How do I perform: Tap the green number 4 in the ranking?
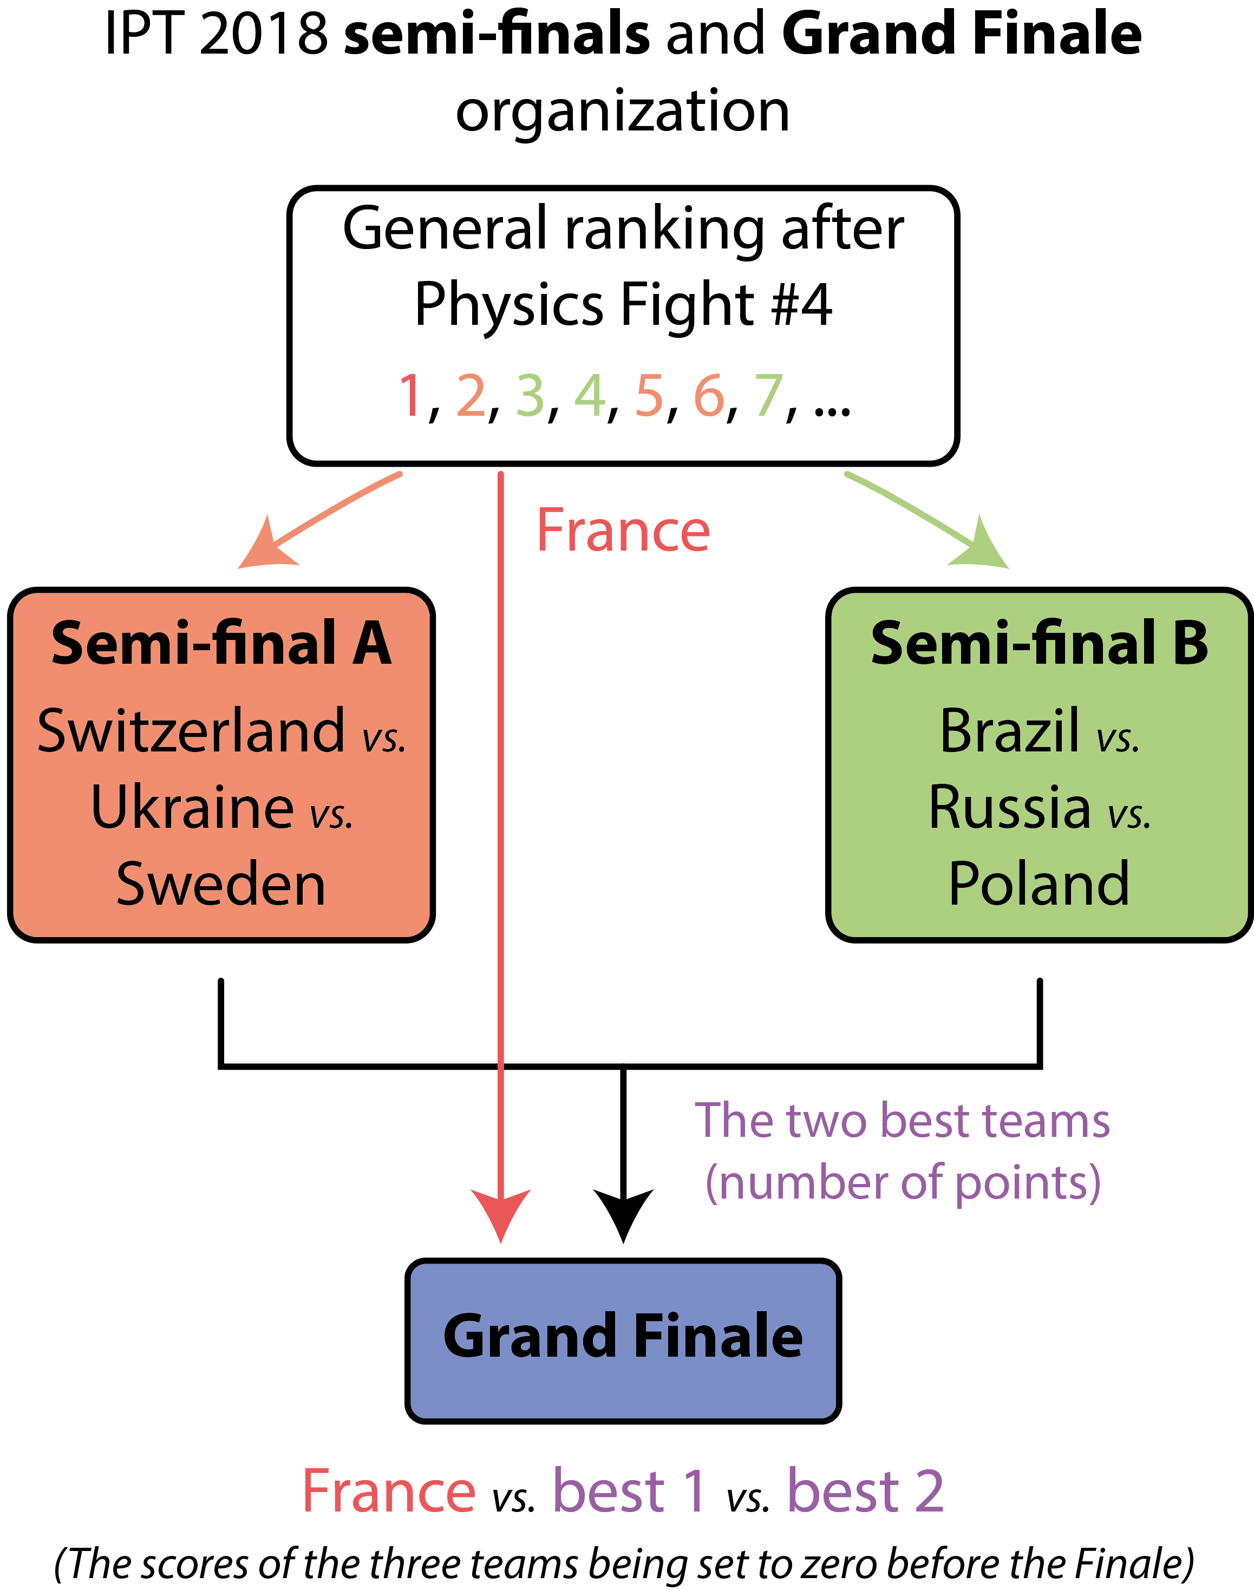pyautogui.click(x=590, y=396)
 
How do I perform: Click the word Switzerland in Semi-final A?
pyautogui.click(x=191, y=731)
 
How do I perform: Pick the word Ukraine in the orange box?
pyautogui.click(x=192, y=808)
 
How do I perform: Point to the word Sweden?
pyautogui.click(x=221, y=884)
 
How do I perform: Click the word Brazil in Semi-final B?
pyautogui.click(x=1009, y=731)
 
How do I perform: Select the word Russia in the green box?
pyautogui.click(x=1009, y=808)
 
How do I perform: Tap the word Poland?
pyautogui.click(x=1039, y=884)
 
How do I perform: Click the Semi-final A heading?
pyautogui.click(x=221, y=644)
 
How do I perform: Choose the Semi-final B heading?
pyautogui.click(x=1039, y=644)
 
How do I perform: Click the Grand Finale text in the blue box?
pyautogui.click(x=623, y=1336)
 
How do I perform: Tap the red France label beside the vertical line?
pyautogui.click(x=623, y=530)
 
